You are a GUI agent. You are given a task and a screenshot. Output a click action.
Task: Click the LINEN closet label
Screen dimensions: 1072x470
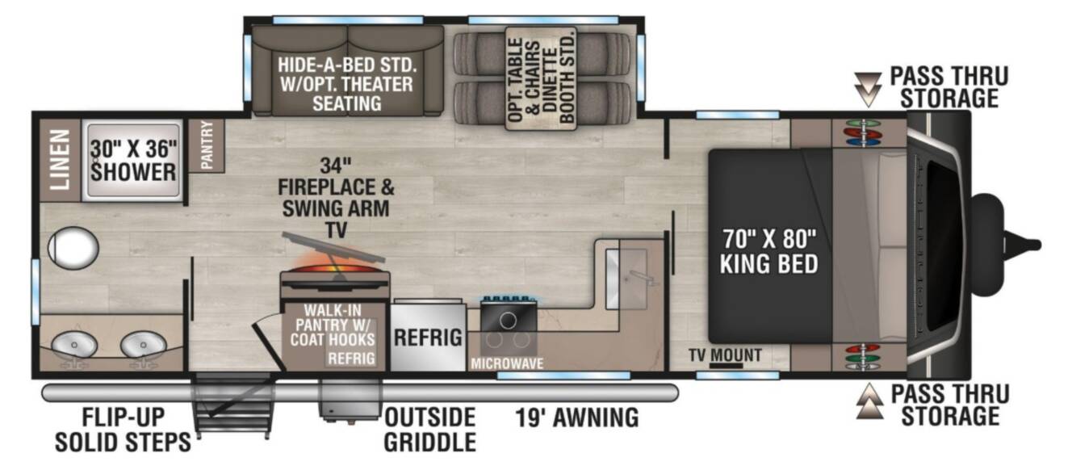point(61,159)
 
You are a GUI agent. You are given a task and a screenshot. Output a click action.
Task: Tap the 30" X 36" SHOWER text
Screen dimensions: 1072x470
point(133,161)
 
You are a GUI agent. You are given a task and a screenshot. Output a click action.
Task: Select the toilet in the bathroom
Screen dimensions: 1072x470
point(73,248)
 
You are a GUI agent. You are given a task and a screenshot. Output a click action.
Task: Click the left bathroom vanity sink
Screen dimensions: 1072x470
point(74,345)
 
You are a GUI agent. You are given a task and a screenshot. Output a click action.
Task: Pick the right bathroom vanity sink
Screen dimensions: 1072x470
point(143,345)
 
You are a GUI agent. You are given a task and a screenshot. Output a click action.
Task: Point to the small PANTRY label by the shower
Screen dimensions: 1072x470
point(207,145)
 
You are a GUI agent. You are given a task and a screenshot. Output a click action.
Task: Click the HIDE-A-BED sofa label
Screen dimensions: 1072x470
point(347,84)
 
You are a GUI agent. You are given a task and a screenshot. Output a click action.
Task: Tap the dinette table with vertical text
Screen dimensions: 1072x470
point(542,78)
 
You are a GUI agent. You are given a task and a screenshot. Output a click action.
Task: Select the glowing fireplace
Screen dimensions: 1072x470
point(334,273)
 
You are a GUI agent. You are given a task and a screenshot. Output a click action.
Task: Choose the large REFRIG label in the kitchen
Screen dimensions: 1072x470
point(428,338)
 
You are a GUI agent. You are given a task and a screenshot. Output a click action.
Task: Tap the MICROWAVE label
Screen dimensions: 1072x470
point(507,363)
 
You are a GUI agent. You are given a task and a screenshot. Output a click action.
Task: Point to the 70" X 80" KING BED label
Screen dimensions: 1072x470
point(769,251)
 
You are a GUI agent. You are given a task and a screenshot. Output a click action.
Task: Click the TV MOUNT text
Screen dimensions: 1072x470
point(725,355)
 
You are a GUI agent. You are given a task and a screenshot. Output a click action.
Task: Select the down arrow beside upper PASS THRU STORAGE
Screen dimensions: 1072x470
point(868,90)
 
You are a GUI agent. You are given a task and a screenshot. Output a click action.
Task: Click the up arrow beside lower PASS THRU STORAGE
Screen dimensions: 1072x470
point(869,401)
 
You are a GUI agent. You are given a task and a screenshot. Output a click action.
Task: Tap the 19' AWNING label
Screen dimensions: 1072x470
point(576,417)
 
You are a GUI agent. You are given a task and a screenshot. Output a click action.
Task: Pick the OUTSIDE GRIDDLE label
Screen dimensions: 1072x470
point(429,430)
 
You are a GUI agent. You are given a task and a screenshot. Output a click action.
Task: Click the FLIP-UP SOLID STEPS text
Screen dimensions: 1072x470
point(123,430)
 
